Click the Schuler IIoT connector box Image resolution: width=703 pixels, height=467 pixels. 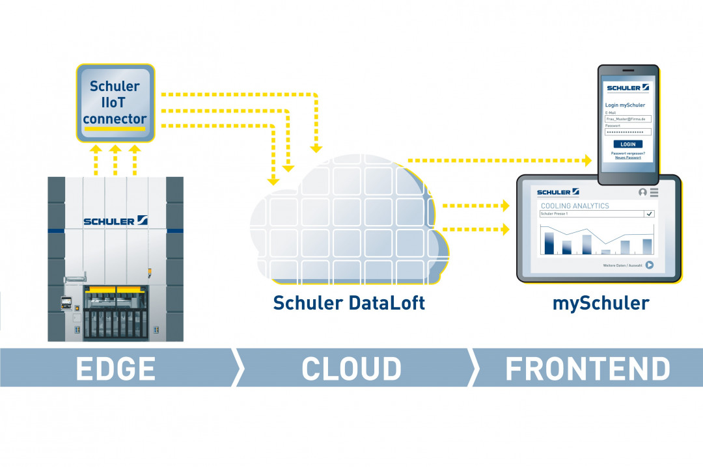pyautogui.click(x=115, y=102)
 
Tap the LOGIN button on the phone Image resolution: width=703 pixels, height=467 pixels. pyautogui.click(x=627, y=144)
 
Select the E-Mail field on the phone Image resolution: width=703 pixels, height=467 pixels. pyautogui.click(x=627, y=119)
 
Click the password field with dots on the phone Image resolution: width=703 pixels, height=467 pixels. pyautogui.click(x=627, y=131)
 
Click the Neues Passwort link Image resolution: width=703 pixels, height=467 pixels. pyautogui.click(x=628, y=157)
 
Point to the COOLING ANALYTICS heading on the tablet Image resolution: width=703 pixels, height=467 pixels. pyautogui.click(x=574, y=206)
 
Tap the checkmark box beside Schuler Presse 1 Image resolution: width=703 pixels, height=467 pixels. pyautogui.click(x=649, y=213)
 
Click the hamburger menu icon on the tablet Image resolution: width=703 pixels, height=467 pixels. pyautogui.click(x=654, y=193)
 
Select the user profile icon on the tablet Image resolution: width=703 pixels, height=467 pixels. pyautogui.click(x=643, y=193)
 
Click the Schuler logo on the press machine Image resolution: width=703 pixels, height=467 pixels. pyautogui.click(x=115, y=221)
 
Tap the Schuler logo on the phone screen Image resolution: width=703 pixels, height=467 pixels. pyautogui.click(x=627, y=87)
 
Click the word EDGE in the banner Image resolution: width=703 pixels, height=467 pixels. pyautogui.click(x=116, y=369)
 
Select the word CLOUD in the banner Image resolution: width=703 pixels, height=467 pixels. pyautogui.click(x=351, y=369)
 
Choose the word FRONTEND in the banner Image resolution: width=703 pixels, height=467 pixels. pyautogui.click(x=588, y=369)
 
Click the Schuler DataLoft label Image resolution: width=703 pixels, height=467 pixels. pyautogui.click(x=349, y=303)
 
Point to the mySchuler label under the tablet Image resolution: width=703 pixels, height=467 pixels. pyautogui.click(x=601, y=303)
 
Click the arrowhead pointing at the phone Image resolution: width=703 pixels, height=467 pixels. pyautogui.click(x=588, y=160)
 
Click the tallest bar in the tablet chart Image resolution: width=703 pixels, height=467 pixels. pyautogui.click(x=549, y=243)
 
